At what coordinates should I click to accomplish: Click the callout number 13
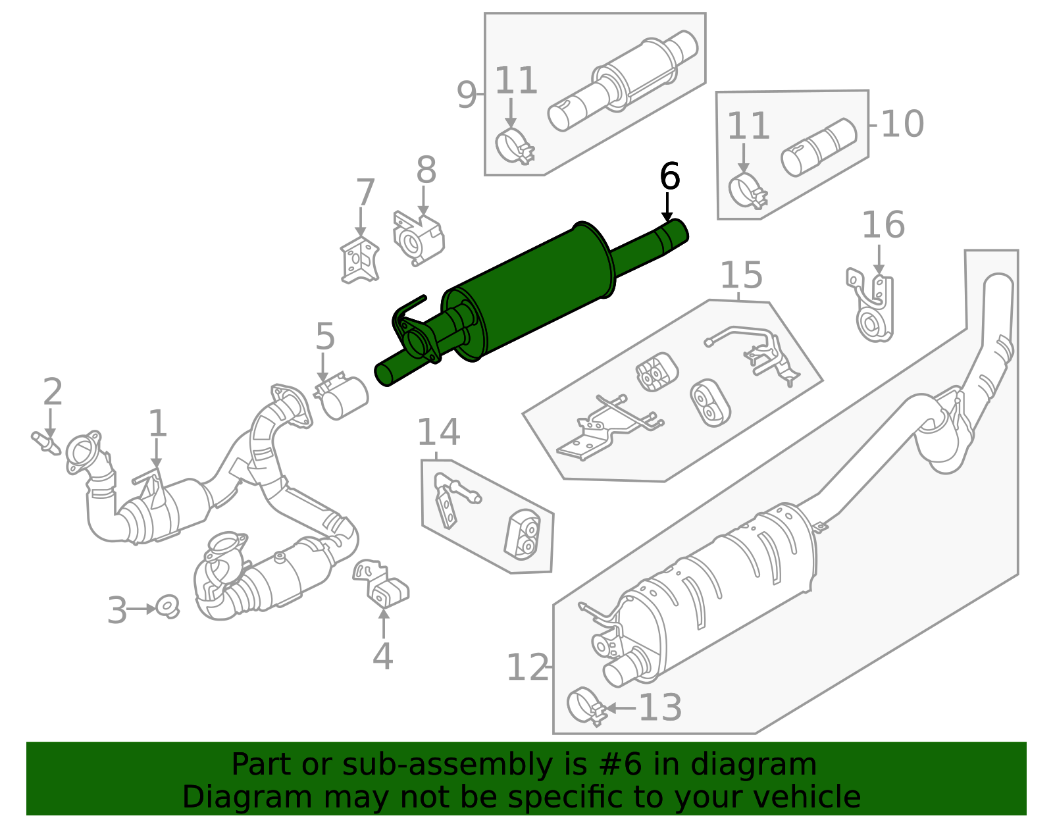[660, 707]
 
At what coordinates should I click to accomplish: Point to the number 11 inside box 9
[516, 81]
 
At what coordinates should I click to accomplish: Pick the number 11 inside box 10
[748, 126]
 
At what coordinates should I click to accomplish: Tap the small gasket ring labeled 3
[168, 606]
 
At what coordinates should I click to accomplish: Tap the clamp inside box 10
[747, 190]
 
